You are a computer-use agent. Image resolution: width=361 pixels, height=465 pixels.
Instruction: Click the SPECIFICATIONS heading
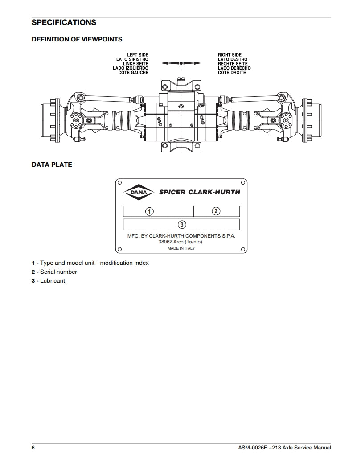pos(64,22)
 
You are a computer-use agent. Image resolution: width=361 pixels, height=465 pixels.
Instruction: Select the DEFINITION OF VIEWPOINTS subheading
pos(77,39)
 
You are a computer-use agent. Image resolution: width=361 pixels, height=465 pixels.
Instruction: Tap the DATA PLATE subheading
pos(52,165)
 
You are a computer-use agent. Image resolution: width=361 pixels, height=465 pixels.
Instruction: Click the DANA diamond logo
pos(137,193)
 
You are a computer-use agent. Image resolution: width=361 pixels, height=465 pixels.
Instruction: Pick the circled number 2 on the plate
pos(216,211)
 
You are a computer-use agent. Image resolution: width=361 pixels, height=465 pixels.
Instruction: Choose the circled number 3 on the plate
pos(182,224)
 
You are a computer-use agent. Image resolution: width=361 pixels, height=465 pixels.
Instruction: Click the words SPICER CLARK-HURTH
pos(199,193)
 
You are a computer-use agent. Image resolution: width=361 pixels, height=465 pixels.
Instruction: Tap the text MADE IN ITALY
pos(181,248)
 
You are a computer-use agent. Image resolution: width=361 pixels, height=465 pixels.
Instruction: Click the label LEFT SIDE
pos(138,55)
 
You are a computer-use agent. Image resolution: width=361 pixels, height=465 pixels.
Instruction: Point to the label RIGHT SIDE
pos(230,55)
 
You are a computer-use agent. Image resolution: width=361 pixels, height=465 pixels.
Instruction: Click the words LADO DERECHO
pos(234,68)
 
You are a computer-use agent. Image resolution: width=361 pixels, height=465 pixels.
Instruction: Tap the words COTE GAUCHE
pos(133,73)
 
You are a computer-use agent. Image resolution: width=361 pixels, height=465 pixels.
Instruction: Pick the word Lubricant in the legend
pos(53,280)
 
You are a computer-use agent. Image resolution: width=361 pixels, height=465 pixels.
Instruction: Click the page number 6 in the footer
pos(33,448)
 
